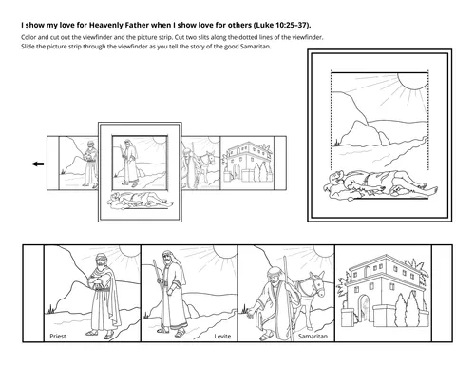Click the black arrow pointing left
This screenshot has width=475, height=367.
(x=38, y=164)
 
